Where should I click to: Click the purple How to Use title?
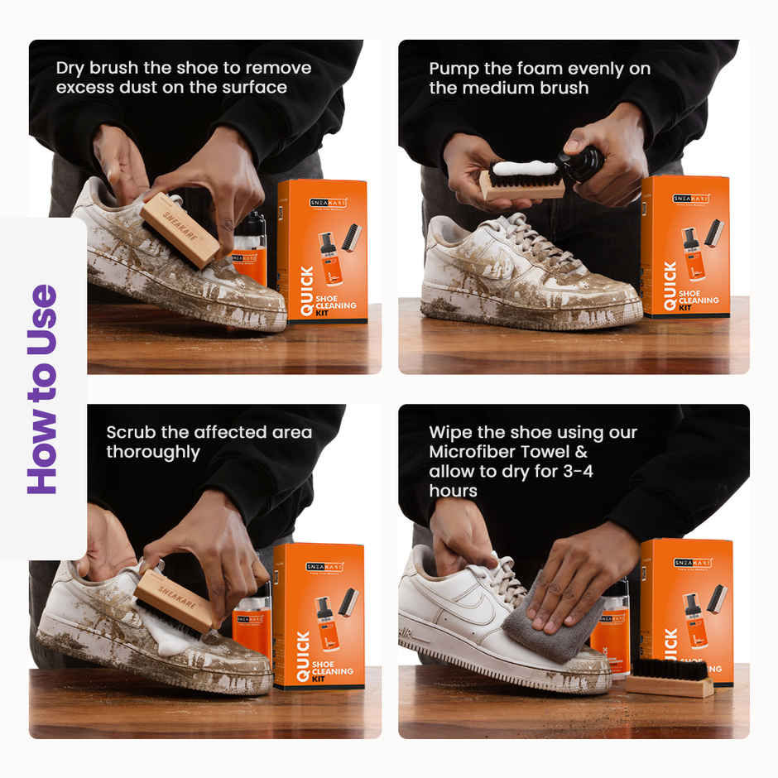click(x=43, y=389)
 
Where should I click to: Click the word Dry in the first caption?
click(x=72, y=68)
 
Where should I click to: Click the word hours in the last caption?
click(x=453, y=491)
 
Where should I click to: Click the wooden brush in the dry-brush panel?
click(x=180, y=228)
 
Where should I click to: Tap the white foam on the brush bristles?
click(x=525, y=168)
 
